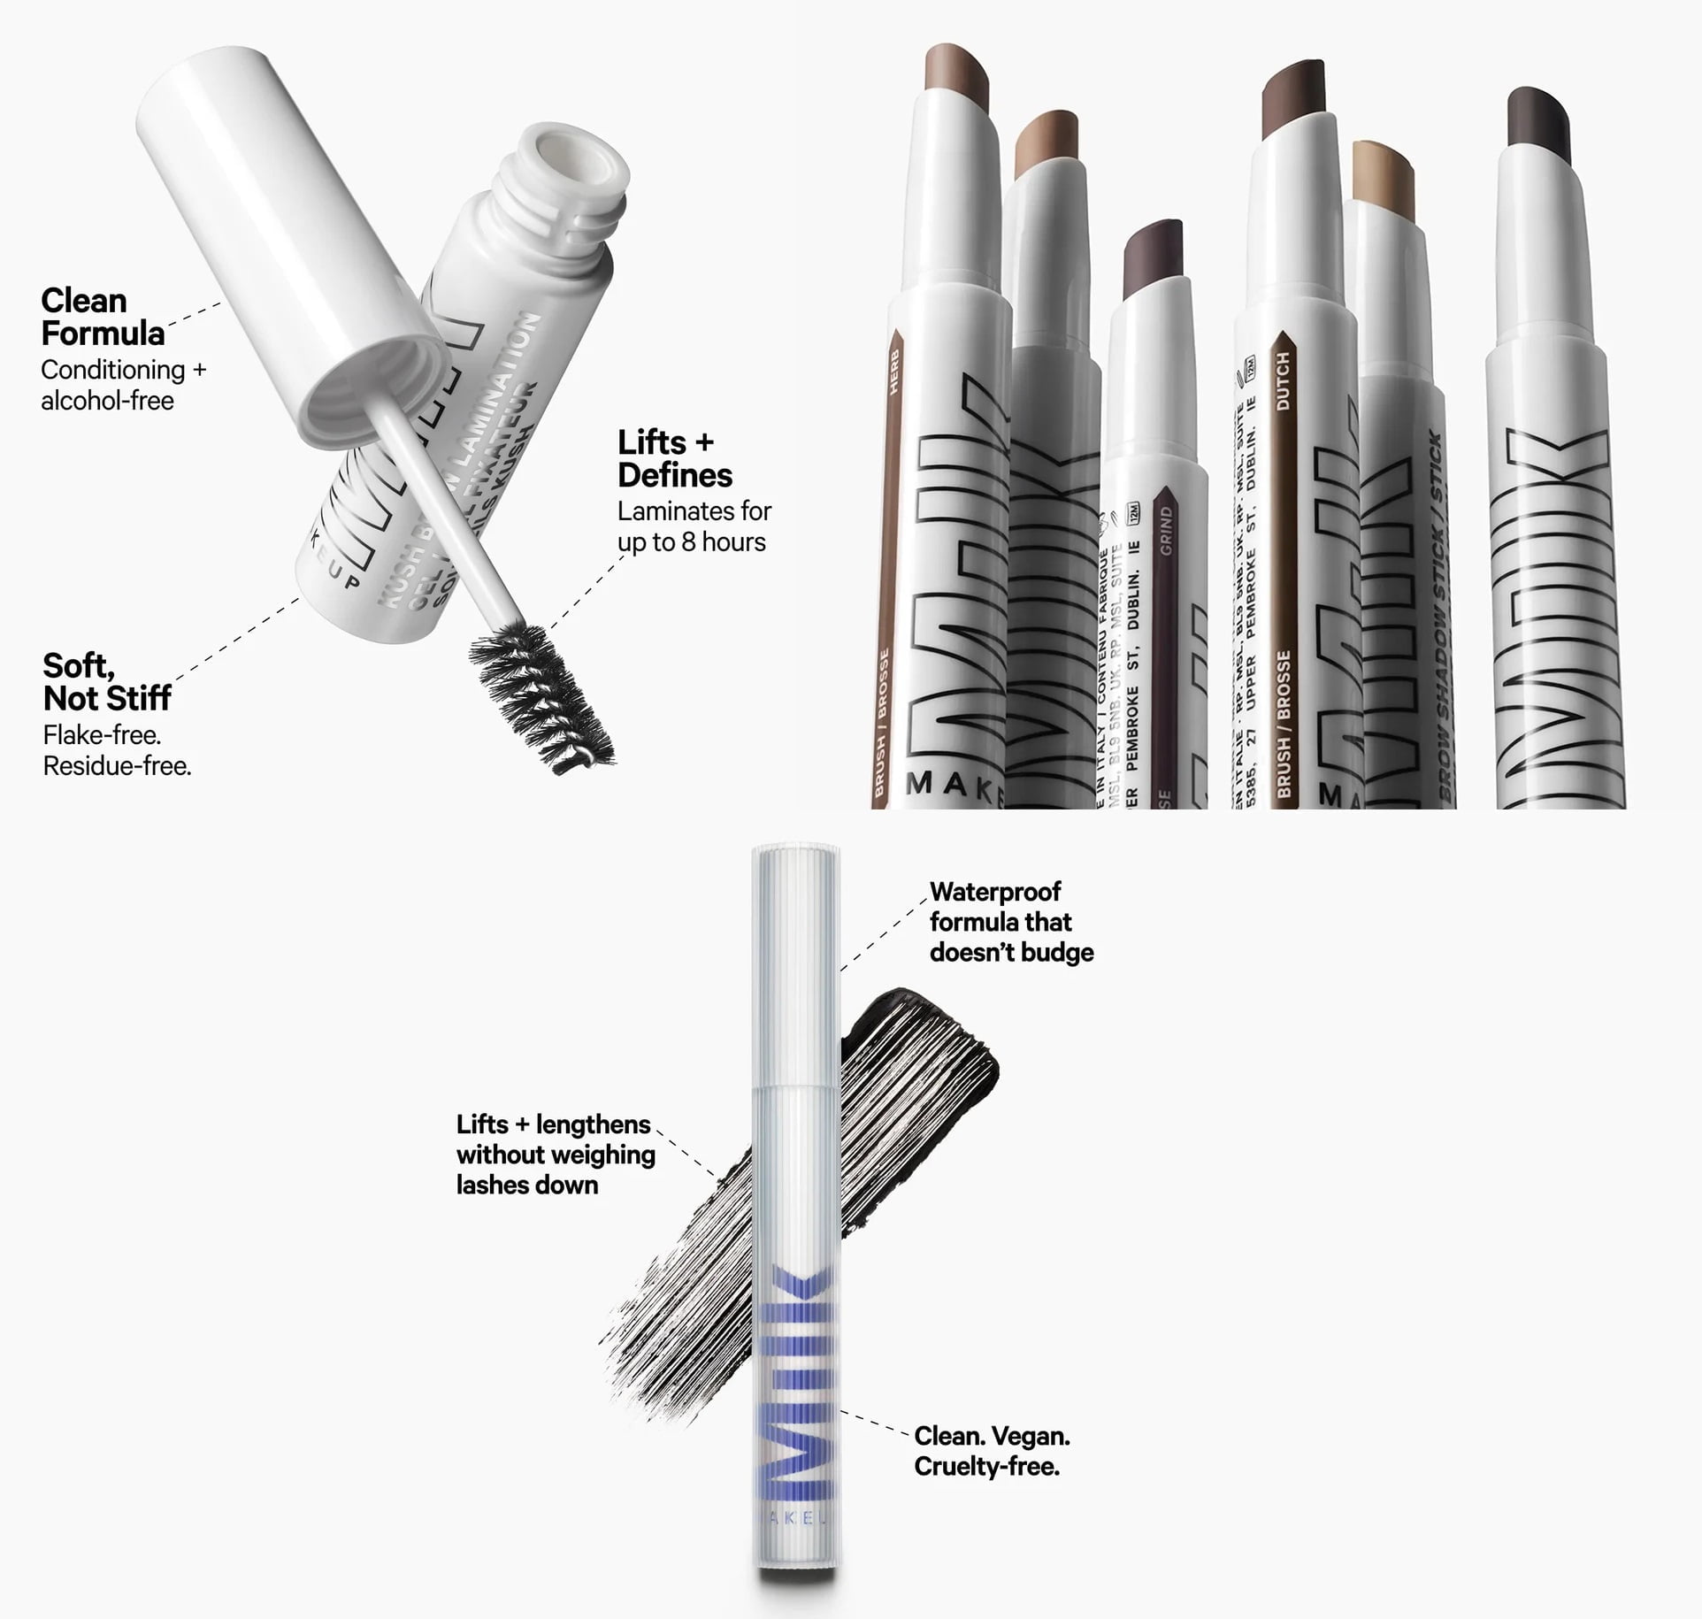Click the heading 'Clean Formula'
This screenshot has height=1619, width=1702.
102,317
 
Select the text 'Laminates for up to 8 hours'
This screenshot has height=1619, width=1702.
694,526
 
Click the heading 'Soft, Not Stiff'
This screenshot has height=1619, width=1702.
106,682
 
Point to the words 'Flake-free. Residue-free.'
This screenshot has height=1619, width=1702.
117,750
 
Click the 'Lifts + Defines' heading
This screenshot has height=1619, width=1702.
674,458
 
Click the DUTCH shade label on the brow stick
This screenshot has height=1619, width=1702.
1283,380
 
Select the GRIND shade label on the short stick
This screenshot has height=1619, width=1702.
1165,531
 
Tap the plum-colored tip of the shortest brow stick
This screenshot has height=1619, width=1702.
1153,260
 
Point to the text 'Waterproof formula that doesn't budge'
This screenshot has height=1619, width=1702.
1011,922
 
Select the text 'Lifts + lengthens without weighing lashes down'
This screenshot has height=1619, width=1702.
556,1155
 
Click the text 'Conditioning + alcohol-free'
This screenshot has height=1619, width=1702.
122,385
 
